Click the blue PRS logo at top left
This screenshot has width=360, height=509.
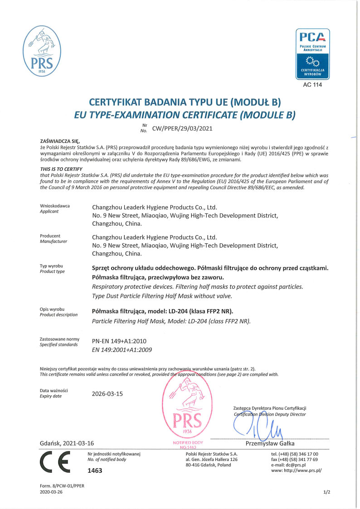[42, 51]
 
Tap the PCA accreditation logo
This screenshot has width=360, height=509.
[312, 54]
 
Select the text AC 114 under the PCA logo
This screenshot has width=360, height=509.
[312, 85]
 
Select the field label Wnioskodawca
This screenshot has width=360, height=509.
[55, 206]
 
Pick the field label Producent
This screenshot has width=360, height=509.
[50, 236]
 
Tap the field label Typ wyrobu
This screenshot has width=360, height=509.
[51, 266]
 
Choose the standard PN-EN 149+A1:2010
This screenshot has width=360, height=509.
[119, 341]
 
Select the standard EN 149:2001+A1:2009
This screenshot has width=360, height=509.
[122, 349]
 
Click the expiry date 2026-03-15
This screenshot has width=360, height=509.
[107, 393]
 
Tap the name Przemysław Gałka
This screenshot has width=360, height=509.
[270, 443]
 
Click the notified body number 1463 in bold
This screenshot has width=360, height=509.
[95, 470]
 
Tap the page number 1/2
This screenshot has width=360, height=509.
[327, 492]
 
